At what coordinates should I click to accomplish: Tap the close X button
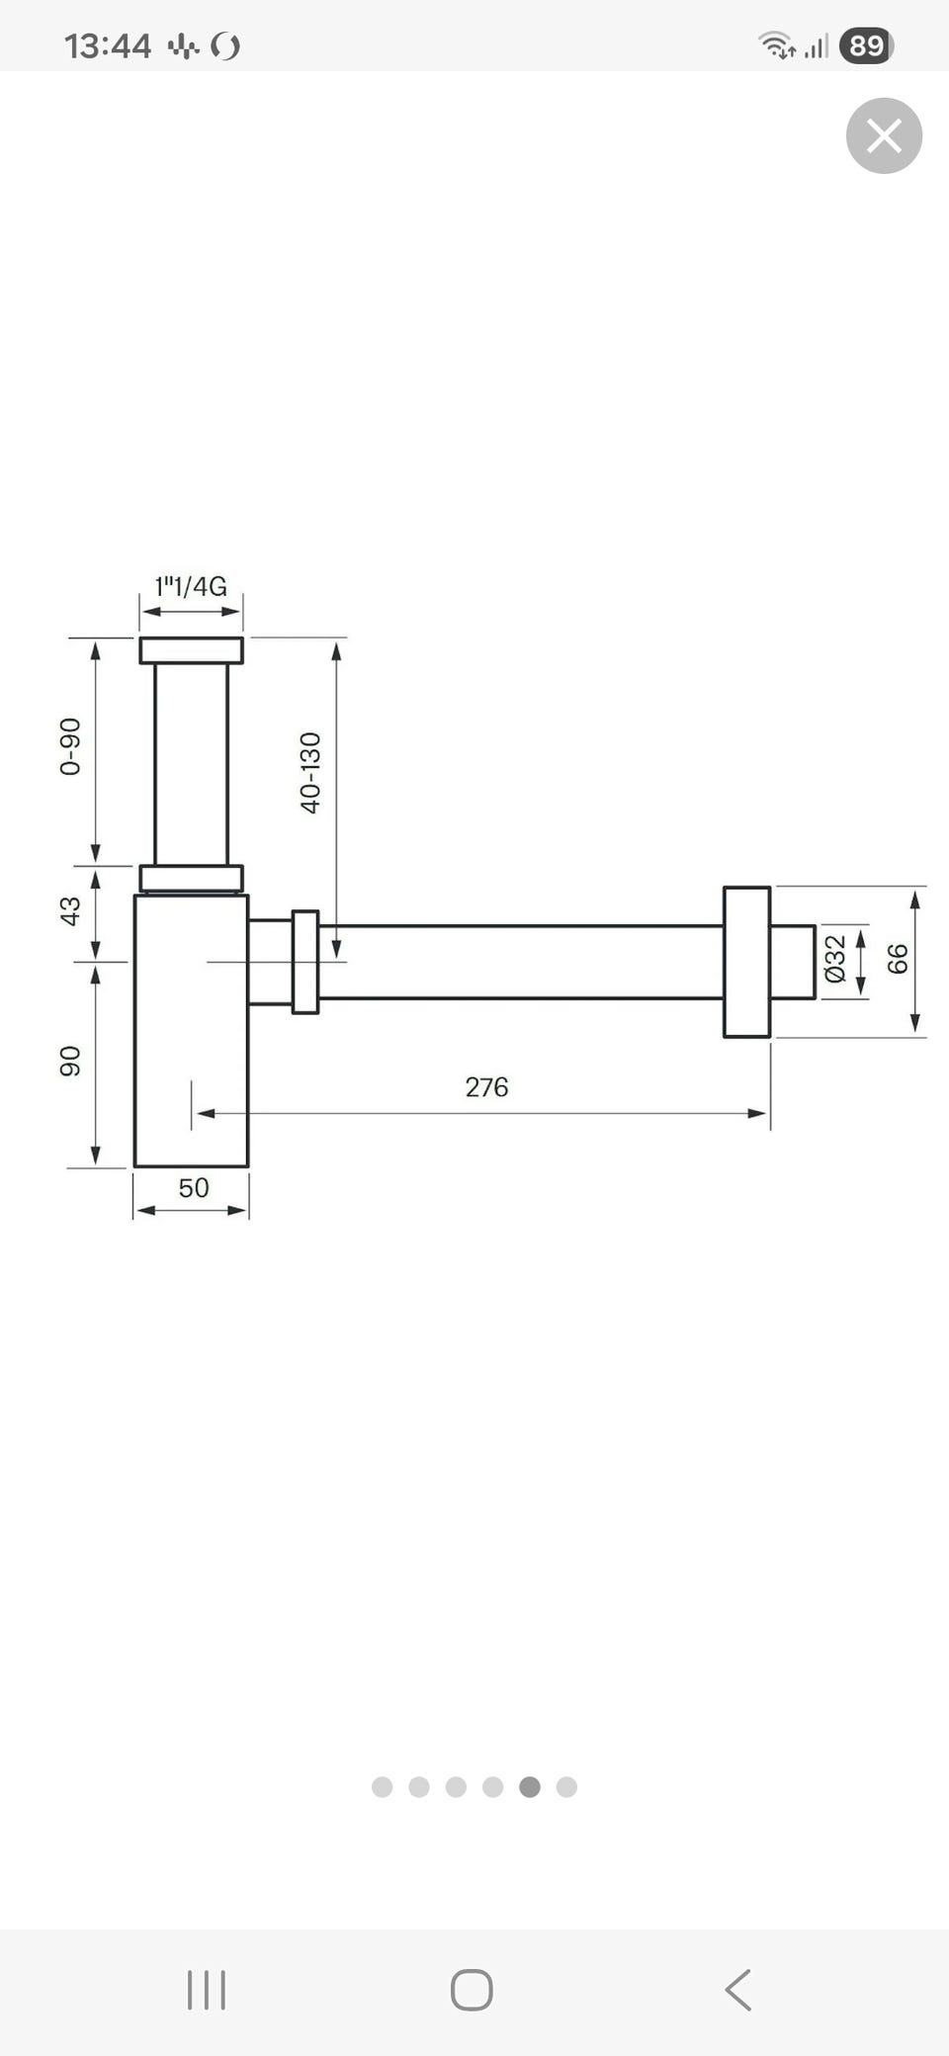pos(884,135)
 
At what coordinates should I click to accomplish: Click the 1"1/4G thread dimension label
pos(191,586)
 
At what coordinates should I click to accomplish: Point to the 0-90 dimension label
pos(70,746)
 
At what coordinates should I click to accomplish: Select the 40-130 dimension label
pos(310,773)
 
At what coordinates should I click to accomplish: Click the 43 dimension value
pos(70,910)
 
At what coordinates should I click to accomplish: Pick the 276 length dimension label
pos(486,1087)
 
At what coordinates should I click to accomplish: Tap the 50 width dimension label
pos(194,1187)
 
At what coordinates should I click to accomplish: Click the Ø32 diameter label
pos(835,959)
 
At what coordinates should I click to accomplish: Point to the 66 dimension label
pos(897,959)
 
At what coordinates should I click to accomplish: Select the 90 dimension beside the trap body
pos(70,1062)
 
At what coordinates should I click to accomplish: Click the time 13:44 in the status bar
pos(108,45)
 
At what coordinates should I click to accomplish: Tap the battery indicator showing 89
pos(866,45)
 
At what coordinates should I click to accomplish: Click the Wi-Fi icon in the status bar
pos(777,45)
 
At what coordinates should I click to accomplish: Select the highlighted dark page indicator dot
pos(530,1786)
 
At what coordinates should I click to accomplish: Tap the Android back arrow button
pos(738,1990)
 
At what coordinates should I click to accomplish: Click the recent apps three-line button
pos(207,1990)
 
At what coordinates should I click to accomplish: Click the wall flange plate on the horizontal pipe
pos(746,962)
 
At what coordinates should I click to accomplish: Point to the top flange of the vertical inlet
pos(191,650)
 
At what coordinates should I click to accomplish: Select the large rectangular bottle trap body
pos(191,1031)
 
